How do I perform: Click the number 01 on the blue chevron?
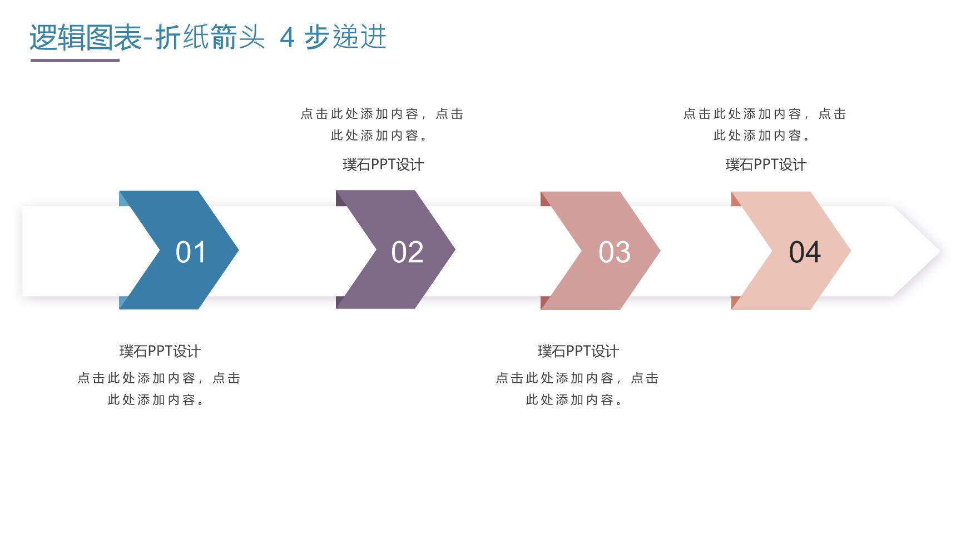(191, 252)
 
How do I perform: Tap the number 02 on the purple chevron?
(407, 252)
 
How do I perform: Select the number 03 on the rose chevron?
(615, 252)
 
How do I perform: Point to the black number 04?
(805, 252)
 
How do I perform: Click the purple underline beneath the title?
(75, 60)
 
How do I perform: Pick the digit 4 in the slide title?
(287, 38)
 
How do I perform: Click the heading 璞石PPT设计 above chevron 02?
(383, 164)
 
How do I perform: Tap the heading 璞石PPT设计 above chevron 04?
(766, 164)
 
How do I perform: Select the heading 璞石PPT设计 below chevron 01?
(160, 351)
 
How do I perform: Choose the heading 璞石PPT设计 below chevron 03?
(578, 351)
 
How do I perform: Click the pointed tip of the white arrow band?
(940, 251)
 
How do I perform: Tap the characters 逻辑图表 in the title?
(86, 38)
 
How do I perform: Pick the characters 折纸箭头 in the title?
(210, 38)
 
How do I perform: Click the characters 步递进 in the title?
(345, 38)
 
